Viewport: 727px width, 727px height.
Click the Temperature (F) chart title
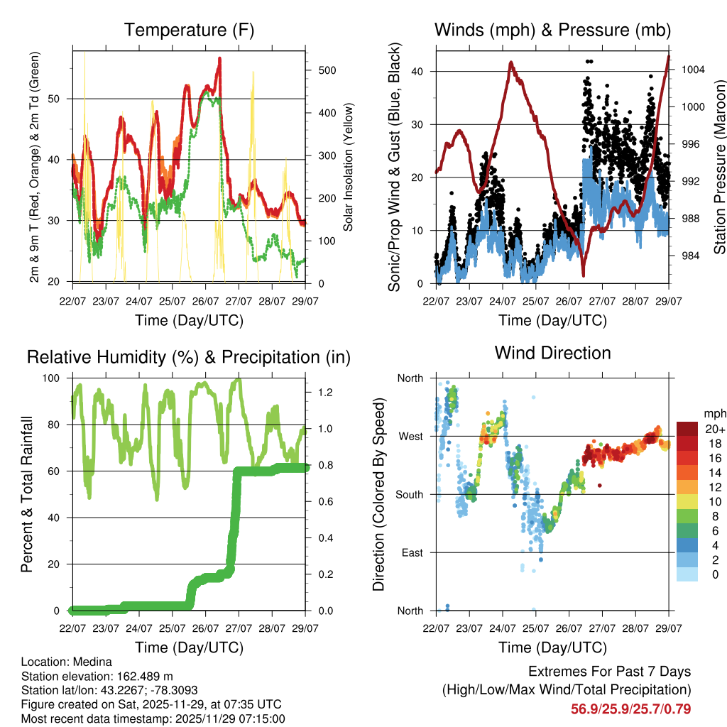(189, 30)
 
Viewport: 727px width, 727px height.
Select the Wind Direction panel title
(552, 352)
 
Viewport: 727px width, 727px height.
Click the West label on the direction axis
(410, 436)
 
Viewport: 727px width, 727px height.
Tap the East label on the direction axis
(411, 552)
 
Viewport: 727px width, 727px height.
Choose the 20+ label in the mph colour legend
(714, 429)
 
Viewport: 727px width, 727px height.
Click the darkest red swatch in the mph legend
(687, 429)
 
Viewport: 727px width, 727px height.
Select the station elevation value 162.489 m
(142, 675)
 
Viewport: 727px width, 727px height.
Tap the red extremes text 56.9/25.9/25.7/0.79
(630, 709)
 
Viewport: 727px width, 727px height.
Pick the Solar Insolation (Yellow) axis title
(348, 167)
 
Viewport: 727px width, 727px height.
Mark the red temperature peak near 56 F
(220, 60)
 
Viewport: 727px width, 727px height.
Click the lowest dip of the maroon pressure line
(583, 275)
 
